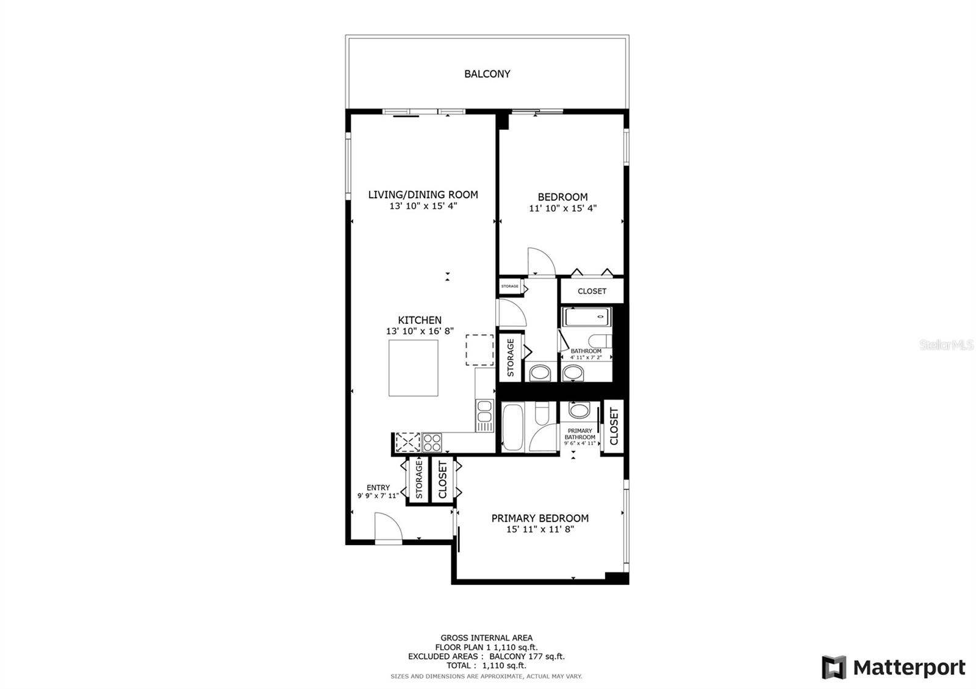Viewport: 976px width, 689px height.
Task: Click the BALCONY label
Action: click(x=487, y=74)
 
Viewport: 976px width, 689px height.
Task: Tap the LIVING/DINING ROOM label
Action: click(x=423, y=195)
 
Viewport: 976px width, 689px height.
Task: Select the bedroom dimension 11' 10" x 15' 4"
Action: click(x=562, y=208)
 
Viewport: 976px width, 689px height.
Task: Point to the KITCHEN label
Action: click(x=420, y=320)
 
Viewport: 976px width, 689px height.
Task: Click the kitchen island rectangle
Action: click(x=414, y=368)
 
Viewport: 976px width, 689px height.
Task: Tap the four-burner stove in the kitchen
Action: click(x=432, y=443)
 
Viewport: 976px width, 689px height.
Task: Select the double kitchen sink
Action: click(x=484, y=415)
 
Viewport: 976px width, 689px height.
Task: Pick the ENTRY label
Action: click(x=378, y=488)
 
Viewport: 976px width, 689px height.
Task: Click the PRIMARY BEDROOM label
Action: click(x=540, y=518)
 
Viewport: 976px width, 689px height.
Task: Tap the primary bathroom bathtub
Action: click(x=513, y=427)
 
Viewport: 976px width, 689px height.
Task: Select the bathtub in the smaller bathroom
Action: click(x=586, y=316)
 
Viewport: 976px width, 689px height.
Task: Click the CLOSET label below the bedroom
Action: click(x=592, y=291)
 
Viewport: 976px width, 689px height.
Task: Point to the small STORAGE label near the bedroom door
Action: click(x=510, y=286)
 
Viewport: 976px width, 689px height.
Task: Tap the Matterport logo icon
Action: click(x=834, y=667)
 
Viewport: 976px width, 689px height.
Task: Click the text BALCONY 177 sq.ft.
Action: click(x=527, y=656)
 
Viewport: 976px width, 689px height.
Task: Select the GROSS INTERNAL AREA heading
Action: click(x=486, y=638)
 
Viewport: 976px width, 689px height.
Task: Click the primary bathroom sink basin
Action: click(x=579, y=410)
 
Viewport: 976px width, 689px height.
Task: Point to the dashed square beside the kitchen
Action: click(x=479, y=350)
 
